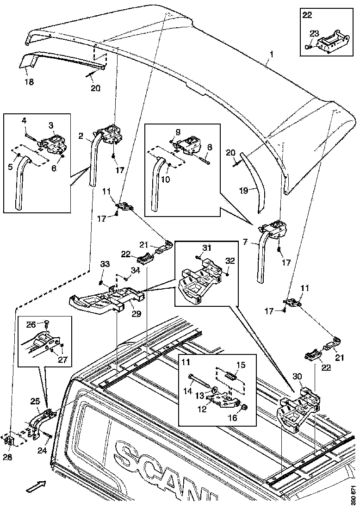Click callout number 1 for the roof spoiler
tap(272, 54)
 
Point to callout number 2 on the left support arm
tap(81, 136)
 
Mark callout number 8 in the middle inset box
tap(210, 147)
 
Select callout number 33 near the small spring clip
tap(105, 264)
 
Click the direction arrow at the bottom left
tap(35, 486)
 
